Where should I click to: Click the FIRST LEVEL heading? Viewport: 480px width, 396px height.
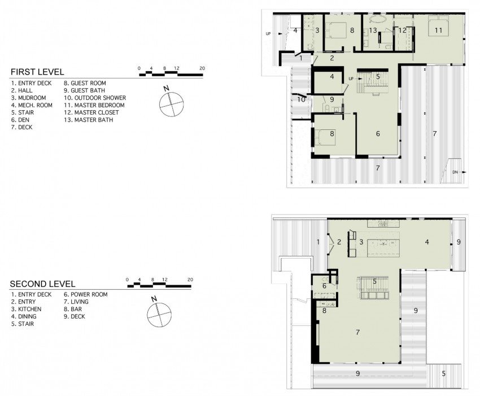pyautogui.click(x=37, y=72)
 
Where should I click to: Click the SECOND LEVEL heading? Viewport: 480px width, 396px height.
pyautogui.click(x=43, y=284)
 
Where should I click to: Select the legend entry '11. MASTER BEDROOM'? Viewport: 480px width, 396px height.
pyautogui.click(x=94, y=105)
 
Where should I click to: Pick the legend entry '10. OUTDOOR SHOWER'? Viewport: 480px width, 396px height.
pyautogui.click(x=94, y=98)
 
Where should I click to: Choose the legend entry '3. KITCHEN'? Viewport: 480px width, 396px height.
pyautogui.click(x=26, y=309)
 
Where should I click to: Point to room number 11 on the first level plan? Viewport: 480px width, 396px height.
pyautogui.click(x=438, y=31)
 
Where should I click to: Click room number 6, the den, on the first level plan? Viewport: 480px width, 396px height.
pyautogui.click(x=377, y=134)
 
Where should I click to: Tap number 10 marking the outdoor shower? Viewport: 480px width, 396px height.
pyautogui.click(x=302, y=99)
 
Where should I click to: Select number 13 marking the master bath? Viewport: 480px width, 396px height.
pyautogui.click(x=373, y=30)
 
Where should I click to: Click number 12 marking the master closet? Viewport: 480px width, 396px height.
pyautogui.click(x=402, y=30)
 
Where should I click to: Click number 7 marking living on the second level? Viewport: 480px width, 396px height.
pyautogui.click(x=357, y=332)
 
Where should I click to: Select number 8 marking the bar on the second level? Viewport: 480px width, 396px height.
pyautogui.click(x=324, y=310)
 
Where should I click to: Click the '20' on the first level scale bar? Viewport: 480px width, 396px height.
pyautogui.click(x=202, y=68)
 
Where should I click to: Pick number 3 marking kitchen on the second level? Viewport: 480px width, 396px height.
pyautogui.click(x=360, y=242)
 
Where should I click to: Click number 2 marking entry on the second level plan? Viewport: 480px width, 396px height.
pyautogui.click(x=339, y=242)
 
